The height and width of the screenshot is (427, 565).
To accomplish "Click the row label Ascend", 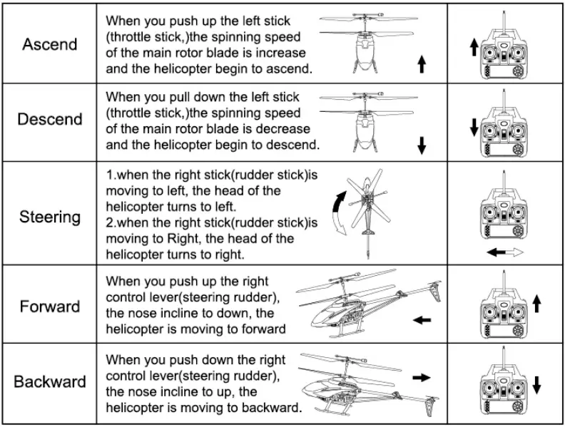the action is click(49, 44).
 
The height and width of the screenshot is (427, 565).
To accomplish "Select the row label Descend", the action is click(49, 119).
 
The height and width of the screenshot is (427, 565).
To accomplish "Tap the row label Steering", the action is click(49, 216).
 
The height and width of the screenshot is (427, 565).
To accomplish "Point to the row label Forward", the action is click(49, 307).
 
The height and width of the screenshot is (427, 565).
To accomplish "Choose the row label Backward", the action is click(49, 381).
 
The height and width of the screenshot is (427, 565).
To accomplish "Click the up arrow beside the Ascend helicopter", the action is click(422, 66).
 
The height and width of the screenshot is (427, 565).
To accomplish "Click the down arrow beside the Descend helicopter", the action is click(422, 145).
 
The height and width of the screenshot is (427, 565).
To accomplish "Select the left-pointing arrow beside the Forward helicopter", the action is click(422, 320).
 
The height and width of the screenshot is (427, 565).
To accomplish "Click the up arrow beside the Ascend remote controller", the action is click(473, 49).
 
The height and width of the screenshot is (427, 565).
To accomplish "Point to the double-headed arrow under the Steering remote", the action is click(505, 252).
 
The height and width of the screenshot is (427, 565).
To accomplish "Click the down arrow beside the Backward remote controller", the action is click(536, 380).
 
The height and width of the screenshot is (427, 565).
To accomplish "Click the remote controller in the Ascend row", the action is click(506, 51).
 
